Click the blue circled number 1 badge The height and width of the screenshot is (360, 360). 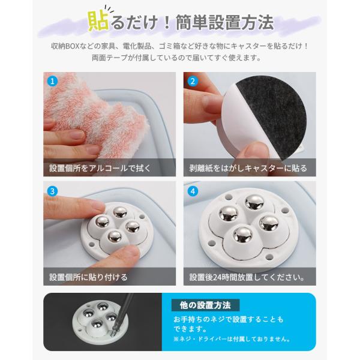click(x=52, y=81)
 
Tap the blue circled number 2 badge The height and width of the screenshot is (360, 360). click(x=193, y=81)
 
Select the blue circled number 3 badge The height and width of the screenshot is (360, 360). click(x=52, y=191)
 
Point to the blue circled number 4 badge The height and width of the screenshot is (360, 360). click(x=193, y=191)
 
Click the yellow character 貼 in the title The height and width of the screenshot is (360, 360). click(x=99, y=22)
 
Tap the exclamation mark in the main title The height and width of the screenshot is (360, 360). click(x=167, y=23)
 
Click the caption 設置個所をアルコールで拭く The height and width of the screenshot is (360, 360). click(x=100, y=168)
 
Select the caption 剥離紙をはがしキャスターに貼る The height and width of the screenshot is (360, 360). click(x=248, y=168)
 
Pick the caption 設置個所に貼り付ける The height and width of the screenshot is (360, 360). click(x=88, y=277)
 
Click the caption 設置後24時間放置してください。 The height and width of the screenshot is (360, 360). click(x=247, y=277)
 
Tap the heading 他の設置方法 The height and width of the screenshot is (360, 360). click(x=205, y=305)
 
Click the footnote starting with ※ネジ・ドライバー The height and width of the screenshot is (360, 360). click(x=232, y=339)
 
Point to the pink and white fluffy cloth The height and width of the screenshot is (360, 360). click(x=97, y=115)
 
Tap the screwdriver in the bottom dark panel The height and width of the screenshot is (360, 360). click(x=122, y=314)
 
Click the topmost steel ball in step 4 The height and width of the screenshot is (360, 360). click(x=254, y=203)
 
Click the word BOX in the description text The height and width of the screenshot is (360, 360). click(x=73, y=46)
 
